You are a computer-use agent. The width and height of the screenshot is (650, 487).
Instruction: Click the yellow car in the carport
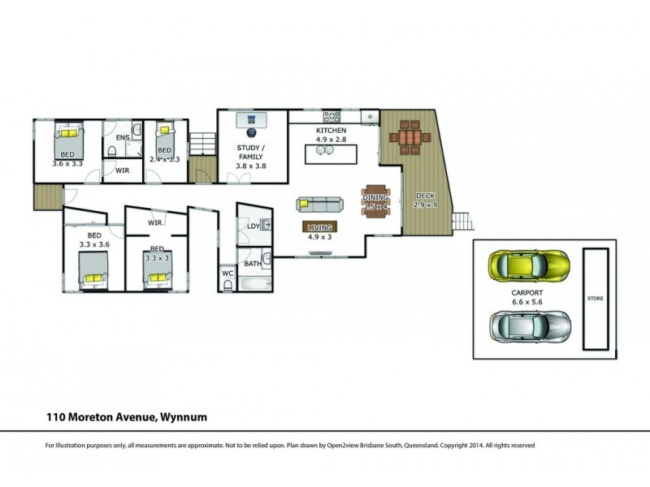point(528,264)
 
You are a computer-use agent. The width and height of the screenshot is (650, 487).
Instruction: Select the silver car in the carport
point(530,326)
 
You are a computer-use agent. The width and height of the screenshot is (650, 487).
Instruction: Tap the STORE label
point(596,300)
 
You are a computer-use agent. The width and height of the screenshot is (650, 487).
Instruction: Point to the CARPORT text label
point(526,293)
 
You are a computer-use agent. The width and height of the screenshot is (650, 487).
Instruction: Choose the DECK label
point(425,196)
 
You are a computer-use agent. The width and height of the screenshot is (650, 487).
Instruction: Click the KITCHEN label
point(331,131)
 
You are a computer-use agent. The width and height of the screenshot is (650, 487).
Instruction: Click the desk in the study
point(251,120)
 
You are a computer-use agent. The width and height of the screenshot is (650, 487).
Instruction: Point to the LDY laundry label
point(253,226)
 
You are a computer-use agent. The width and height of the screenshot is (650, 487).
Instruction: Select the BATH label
point(253,263)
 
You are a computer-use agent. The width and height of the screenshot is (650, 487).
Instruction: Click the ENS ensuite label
point(122,138)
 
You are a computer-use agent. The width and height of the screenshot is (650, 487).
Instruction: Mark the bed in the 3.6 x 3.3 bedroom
point(68,138)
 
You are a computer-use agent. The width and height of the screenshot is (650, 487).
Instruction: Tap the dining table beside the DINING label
point(376,198)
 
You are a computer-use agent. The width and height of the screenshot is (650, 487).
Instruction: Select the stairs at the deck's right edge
point(461,221)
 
